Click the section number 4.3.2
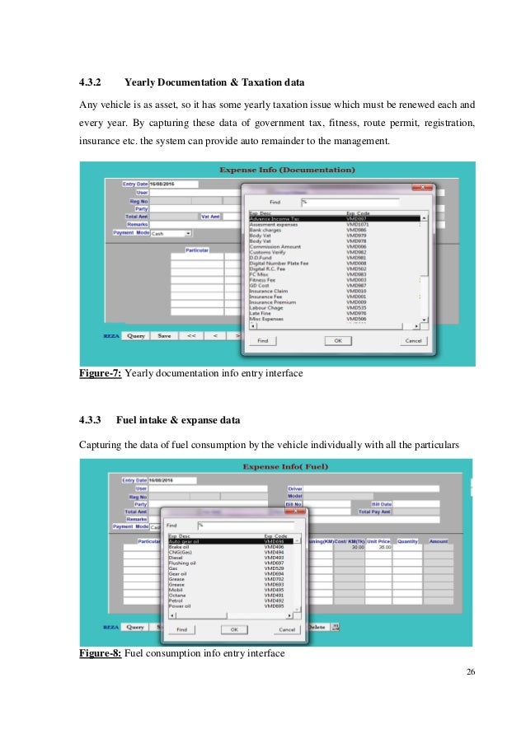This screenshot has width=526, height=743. tap(89, 82)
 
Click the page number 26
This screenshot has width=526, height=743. tap(470, 673)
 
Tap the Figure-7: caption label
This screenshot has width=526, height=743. tap(100, 374)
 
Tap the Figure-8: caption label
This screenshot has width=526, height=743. tap(100, 653)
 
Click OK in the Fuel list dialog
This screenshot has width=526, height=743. tap(233, 629)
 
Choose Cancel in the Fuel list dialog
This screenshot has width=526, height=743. tap(286, 629)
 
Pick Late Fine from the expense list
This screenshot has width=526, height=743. tap(260, 313)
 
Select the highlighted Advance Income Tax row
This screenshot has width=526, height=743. tap(273, 219)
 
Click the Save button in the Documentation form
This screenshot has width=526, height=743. tap(164, 336)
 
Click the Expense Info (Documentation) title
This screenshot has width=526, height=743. tap(287, 170)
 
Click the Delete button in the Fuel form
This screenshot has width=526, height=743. tap(317, 627)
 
